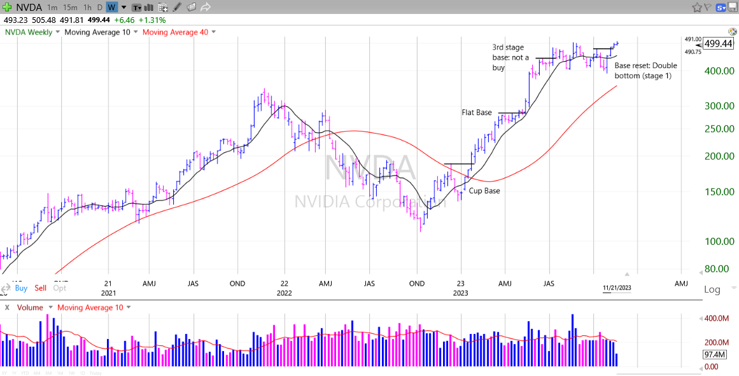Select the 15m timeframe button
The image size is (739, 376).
coord(71,7)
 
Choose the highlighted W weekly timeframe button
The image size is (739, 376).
coord(111,7)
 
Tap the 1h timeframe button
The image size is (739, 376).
coord(87,7)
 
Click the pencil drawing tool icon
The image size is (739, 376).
coord(176,7)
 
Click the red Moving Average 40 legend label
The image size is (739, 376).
coord(174,32)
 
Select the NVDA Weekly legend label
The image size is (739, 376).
coord(29,32)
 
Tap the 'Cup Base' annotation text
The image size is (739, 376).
coord(484,191)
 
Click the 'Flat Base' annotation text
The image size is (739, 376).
coord(476,113)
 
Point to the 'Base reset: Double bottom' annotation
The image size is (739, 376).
coord(645,71)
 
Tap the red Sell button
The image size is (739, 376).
coord(40,288)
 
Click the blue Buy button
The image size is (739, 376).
coord(21,288)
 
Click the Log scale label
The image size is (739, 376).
coord(712,289)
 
